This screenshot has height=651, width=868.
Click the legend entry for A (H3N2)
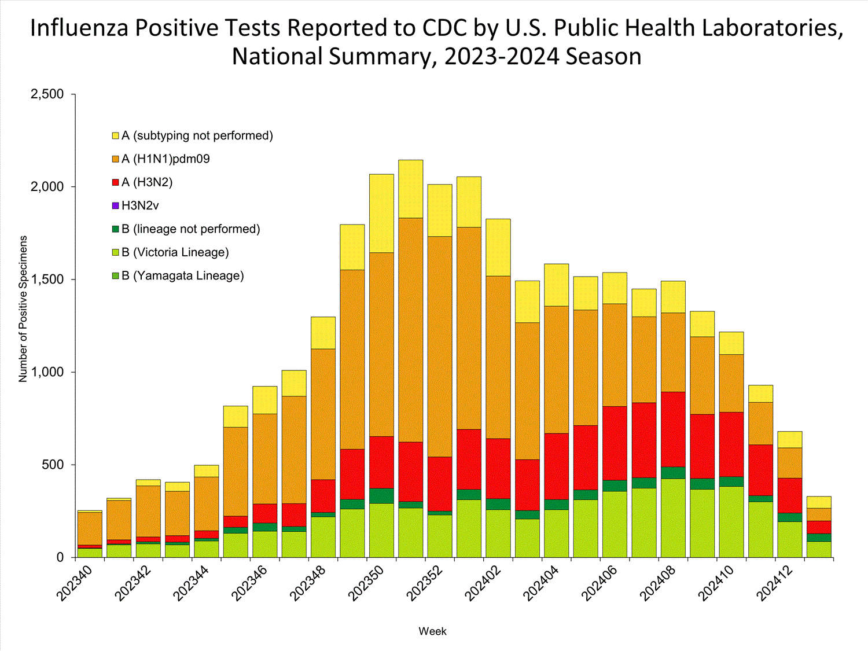(146, 182)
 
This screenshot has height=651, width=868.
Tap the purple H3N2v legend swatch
(116, 205)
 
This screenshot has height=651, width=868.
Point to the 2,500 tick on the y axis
(47, 94)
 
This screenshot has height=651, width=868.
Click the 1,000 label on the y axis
(47, 372)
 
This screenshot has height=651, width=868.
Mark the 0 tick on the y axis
(60, 557)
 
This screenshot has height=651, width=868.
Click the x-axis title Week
(432, 631)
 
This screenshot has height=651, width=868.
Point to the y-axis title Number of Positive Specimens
(23, 308)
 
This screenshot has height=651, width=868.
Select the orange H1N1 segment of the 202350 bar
(381, 344)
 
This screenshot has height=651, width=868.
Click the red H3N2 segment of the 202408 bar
(673, 429)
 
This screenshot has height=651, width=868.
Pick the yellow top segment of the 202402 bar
(498, 247)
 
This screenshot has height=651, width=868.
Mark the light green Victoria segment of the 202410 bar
(731, 521)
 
